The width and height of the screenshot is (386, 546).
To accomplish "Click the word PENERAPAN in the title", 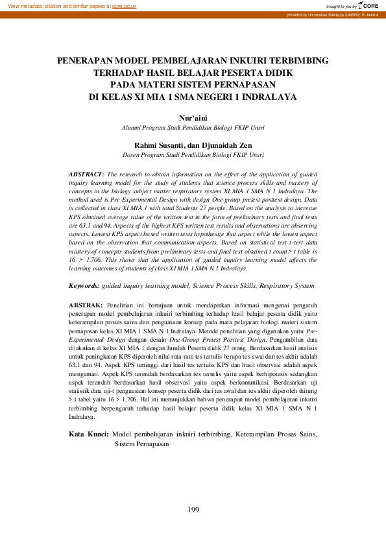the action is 83,60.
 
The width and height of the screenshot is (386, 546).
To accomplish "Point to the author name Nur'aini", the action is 193,118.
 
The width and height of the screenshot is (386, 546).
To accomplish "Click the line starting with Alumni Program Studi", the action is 193,128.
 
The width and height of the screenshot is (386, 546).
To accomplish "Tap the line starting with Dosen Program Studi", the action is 193,156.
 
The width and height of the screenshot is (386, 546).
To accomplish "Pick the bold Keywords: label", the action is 84,285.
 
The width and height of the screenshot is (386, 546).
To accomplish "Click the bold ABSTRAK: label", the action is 86,305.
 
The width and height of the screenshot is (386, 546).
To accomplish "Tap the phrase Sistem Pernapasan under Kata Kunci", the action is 141,444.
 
